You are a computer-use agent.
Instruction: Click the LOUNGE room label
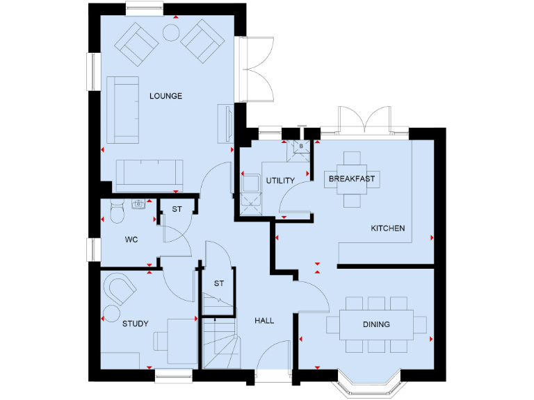pos(165,96)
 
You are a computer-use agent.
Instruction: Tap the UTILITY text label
pos(280,181)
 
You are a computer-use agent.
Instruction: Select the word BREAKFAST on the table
pos(351,179)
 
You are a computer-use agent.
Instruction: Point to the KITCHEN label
pos(387,228)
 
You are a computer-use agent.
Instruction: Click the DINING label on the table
pos(376,324)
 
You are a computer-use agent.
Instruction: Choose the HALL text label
pos(264,321)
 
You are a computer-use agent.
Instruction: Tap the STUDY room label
pos(136,324)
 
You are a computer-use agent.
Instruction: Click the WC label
pos(131,240)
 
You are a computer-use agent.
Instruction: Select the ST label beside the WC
pos(177,209)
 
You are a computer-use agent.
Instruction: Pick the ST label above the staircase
pos(219,283)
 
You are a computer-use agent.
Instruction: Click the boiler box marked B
pos(300,147)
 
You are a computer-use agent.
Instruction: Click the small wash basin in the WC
pos(138,203)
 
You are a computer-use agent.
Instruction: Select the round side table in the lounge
pos(170,32)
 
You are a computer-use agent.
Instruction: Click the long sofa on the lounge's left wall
pos(122,110)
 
